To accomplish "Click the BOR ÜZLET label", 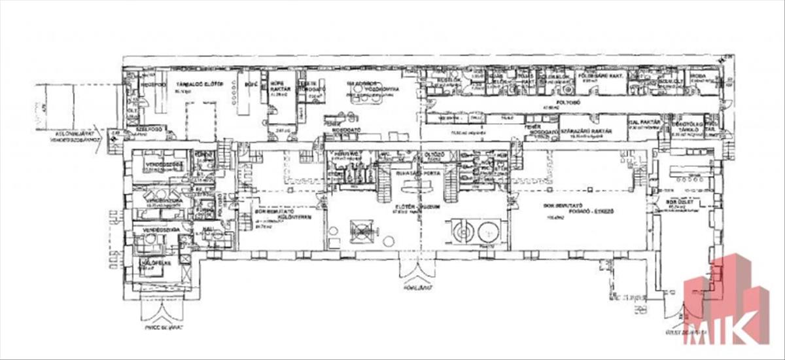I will [x=675, y=203].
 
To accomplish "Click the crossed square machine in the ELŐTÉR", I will [x=362, y=230].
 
